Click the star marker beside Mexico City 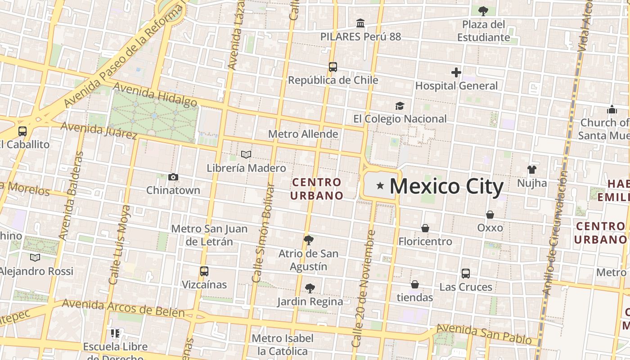pyautogui.click(x=380, y=185)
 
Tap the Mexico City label pyautogui.click(x=446, y=186)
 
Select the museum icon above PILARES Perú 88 pyautogui.click(x=360, y=23)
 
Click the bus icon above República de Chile pyautogui.click(x=333, y=67)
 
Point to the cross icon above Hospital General pyautogui.click(x=456, y=72)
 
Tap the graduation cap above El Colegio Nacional pyautogui.click(x=400, y=106)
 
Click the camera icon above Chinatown pyautogui.click(x=173, y=177)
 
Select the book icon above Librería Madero pyautogui.click(x=246, y=155)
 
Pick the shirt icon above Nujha pyautogui.click(x=532, y=170)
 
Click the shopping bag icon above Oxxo pyautogui.click(x=490, y=215)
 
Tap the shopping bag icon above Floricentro pyautogui.click(x=425, y=229)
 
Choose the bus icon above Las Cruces pyautogui.click(x=466, y=274)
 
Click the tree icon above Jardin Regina pyautogui.click(x=310, y=288)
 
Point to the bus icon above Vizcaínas pyautogui.click(x=204, y=271)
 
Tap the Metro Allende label pyautogui.click(x=303, y=134)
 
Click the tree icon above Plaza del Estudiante pyautogui.click(x=483, y=11)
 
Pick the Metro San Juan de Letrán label pyautogui.click(x=209, y=235)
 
